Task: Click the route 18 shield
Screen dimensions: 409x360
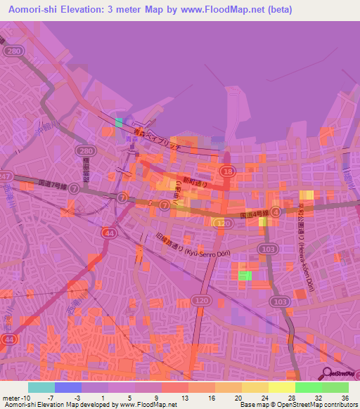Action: tap(227, 171)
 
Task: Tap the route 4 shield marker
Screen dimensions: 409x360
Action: tap(276, 211)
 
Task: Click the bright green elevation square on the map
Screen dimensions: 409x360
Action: tap(245, 275)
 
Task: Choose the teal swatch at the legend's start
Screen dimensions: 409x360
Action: tap(41, 387)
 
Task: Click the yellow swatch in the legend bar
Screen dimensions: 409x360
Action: tap(281, 387)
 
